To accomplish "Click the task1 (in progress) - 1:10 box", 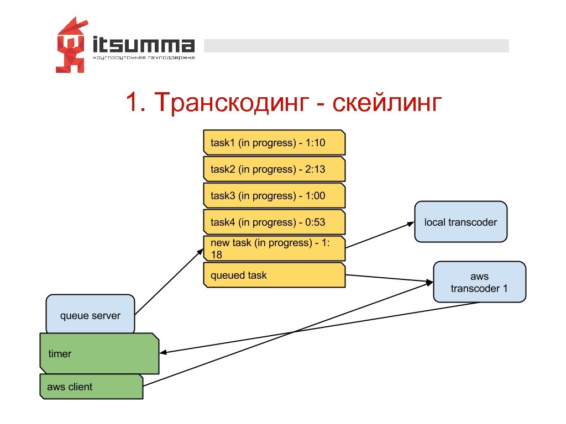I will click(274, 143).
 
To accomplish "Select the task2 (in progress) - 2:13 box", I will click(274, 169).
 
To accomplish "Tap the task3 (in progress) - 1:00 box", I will click(274, 196).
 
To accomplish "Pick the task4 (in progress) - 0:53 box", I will click(274, 222).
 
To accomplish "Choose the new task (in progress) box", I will click(274, 248).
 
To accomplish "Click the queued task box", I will click(274, 275).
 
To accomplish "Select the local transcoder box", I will click(460, 222).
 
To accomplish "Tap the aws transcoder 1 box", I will click(479, 282).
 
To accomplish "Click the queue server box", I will click(90, 315).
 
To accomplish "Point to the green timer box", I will click(99, 353).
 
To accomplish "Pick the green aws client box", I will click(91, 386).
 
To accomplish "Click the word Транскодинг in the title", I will click(229, 103).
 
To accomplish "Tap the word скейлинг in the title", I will click(387, 103).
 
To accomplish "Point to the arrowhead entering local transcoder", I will click(411, 224).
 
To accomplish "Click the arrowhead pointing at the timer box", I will click(163, 353).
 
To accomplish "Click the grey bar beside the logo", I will click(357, 46).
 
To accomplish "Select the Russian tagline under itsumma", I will click(144, 57).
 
